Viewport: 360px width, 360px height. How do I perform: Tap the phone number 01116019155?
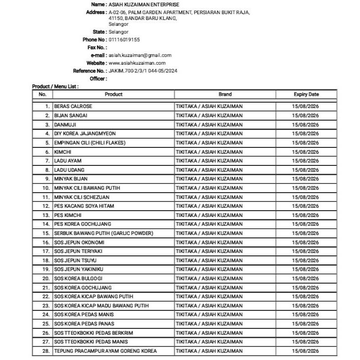124,39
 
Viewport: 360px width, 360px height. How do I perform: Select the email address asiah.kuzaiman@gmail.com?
140,55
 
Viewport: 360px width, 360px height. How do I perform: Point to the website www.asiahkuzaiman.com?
137,63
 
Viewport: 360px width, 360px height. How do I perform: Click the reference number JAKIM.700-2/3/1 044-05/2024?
143,71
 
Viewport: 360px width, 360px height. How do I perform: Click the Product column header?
113,94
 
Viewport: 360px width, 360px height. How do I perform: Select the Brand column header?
225,94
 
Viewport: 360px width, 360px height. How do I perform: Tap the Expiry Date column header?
306,94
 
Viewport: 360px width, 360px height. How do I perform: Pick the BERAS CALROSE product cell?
73,106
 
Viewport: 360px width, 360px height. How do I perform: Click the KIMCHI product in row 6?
62,152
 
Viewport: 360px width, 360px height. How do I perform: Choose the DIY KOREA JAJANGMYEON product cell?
85,133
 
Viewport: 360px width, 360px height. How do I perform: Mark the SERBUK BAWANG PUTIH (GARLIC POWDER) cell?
104,233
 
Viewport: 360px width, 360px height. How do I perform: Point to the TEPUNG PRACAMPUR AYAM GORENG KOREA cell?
106,351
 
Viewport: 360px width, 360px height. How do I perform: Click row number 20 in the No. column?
46,278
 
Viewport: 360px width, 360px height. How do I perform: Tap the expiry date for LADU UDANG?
306,170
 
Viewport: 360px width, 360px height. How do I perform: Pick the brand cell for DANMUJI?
209,125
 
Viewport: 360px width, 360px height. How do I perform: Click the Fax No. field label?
97,47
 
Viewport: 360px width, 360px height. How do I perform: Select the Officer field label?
98,78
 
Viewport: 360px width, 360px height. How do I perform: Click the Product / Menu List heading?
55,86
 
